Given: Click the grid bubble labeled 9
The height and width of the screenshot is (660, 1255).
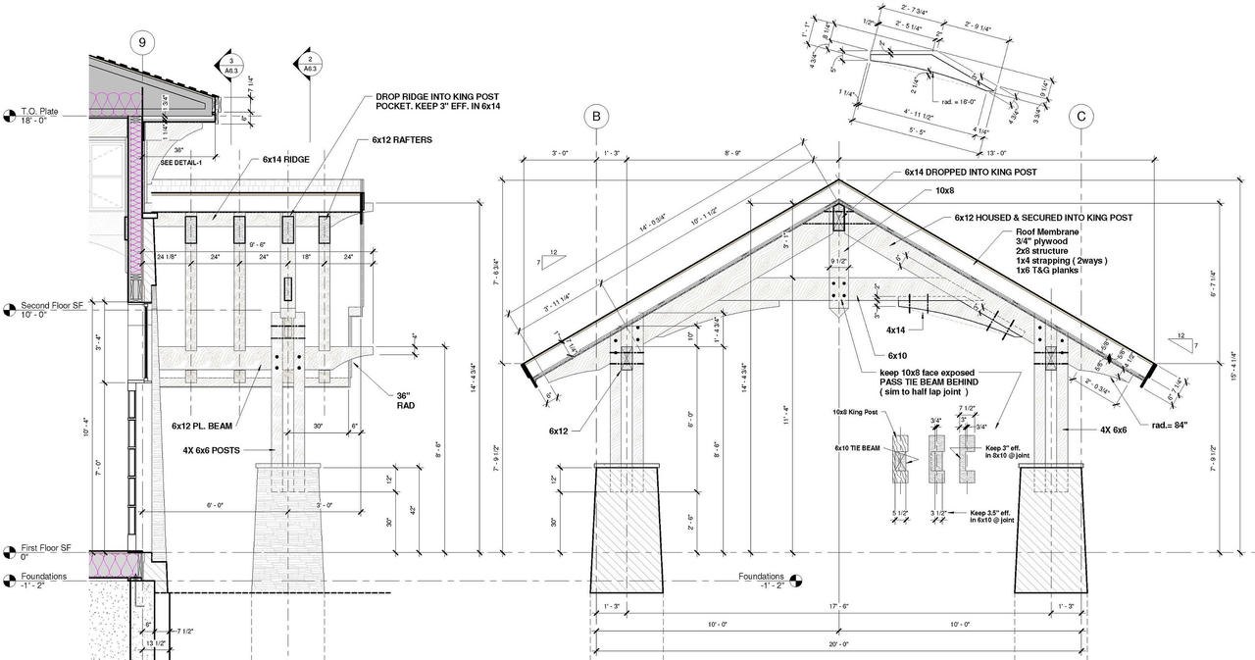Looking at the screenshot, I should coord(143,42).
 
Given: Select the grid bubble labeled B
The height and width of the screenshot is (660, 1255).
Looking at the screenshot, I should coord(596,117).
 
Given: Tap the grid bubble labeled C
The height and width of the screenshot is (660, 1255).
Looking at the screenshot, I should coord(1081,117).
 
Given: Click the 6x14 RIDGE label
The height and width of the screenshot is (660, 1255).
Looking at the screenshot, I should coord(286,159).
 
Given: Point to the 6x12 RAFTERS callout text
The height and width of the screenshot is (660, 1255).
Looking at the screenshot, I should coord(402,140).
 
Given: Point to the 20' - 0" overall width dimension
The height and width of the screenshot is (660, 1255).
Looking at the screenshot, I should coord(837,644).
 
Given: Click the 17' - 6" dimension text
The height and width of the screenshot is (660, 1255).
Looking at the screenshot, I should coord(837,607).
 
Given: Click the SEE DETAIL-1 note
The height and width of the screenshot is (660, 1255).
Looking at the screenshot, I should coord(182,163).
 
